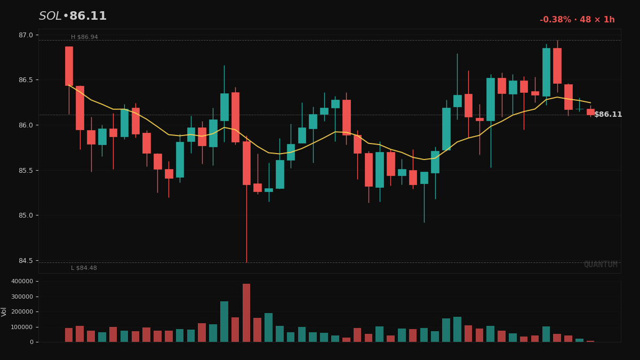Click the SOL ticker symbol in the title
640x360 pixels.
[50, 17]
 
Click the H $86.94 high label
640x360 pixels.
[84, 37]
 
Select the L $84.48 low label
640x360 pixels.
[84, 268]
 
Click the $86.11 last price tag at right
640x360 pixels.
[608, 115]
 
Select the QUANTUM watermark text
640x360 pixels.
[601, 265]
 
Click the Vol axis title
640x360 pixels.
[4, 311]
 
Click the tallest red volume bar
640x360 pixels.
[246, 313]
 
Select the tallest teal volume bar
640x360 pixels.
[224, 322]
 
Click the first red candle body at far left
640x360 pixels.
[69, 66]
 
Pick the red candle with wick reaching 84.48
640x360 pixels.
[246, 163]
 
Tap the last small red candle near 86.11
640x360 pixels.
[590, 112]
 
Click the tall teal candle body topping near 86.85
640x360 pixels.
[546, 72]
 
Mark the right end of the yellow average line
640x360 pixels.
[590, 102]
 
